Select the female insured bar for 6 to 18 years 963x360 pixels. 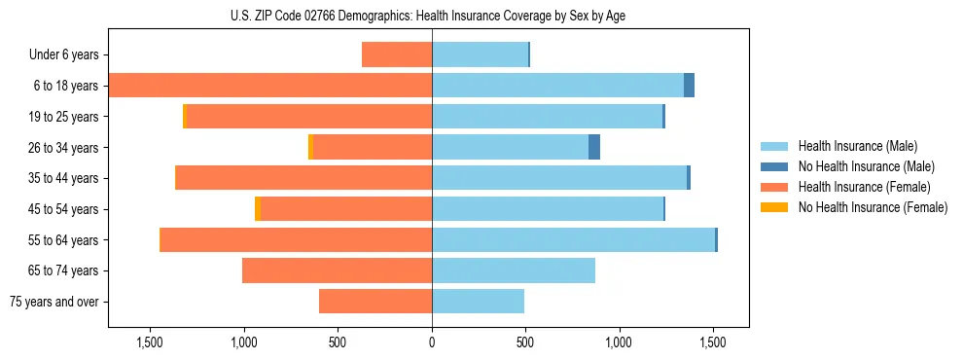[x=270, y=86]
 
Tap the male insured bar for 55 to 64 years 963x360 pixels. [x=573, y=240]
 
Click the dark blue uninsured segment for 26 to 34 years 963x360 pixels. [x=594, y=147]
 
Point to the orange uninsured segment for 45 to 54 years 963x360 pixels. [x=258, y=209]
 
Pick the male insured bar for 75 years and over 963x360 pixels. [x=478, y=302]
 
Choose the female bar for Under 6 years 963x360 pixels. [x=397, y=54]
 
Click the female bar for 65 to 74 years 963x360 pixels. [x=337, y=270]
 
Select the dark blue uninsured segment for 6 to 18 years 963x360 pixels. [x=689, y=86]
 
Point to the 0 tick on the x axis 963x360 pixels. [x=432, y=343]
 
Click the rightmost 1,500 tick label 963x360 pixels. [x=713, y=343]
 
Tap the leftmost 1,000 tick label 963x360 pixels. [x=243, y=343]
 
